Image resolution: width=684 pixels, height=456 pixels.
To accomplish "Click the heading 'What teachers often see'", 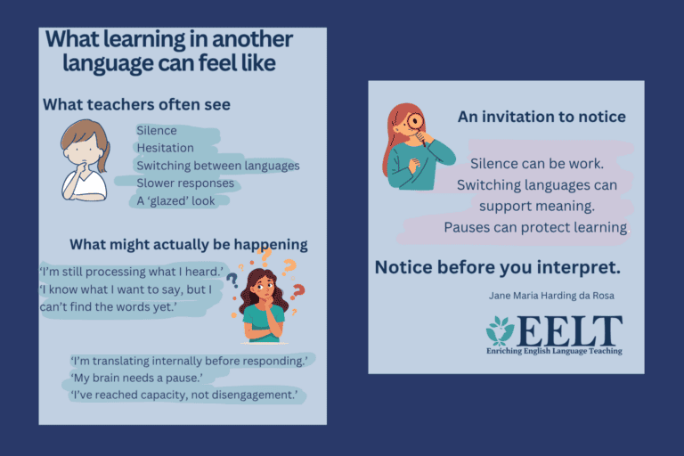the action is point(136,105).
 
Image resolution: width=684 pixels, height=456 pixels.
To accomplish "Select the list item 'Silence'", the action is point(157,130).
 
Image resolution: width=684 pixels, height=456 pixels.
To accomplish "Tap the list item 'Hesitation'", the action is point(166,148).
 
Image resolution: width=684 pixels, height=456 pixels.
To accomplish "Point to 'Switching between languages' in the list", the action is point(218,166).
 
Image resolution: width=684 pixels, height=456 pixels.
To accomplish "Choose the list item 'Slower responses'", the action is point(185,183).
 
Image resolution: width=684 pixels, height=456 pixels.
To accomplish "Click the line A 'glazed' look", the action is point(175,200).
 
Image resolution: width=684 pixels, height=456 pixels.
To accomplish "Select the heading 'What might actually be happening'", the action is point(189,245).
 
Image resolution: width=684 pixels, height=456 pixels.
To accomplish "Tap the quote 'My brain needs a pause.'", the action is point(136,378).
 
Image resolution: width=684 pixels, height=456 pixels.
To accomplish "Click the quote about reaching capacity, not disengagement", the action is point(184,395).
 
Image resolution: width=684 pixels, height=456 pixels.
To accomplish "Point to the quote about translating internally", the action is point(189,361).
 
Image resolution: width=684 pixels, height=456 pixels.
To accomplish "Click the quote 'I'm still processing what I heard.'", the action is point(131,272).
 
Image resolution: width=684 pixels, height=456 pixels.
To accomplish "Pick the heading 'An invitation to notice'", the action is point(541,117).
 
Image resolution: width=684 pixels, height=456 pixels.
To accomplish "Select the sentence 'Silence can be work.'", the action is point(537,164).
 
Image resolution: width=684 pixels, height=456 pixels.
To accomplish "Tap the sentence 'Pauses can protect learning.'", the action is point(536,227).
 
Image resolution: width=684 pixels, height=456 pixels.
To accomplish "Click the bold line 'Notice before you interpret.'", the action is point(498,267).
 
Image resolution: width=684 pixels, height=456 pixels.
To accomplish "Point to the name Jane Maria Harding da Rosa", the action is point(551,296).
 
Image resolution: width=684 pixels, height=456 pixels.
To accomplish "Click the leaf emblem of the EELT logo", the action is point(501,330).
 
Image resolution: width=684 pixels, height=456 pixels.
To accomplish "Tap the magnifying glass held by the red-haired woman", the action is point(416,125).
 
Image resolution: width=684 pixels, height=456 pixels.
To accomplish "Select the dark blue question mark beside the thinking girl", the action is point(232,281).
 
